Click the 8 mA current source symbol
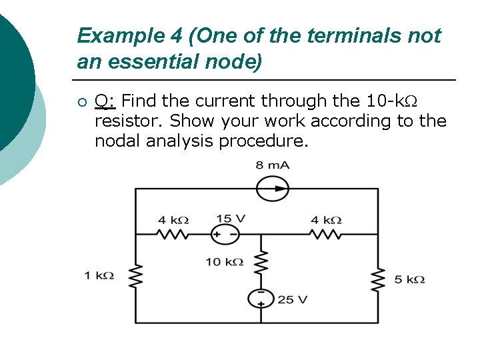273,189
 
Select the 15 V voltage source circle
224,234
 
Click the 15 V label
231,219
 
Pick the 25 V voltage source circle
261,299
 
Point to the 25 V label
293,299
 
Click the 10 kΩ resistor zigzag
261,263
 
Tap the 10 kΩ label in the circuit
224,262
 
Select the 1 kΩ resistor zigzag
136,275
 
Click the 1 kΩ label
99,275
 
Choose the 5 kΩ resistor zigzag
378,279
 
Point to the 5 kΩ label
409,280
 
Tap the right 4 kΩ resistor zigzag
325,234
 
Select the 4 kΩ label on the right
326,220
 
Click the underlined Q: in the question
105,101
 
